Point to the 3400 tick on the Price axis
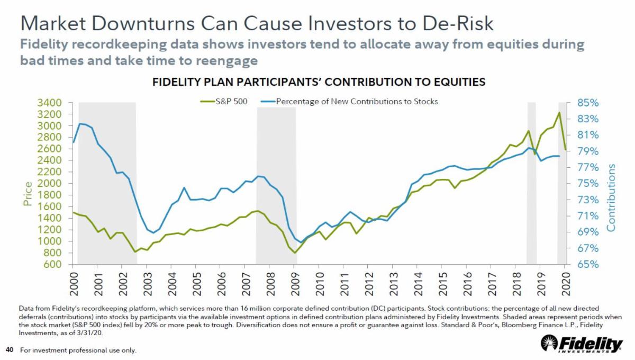(x=49, y=103)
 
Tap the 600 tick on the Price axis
(x=52, y=264)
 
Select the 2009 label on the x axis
(x=295, y=283)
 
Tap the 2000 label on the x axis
(x=74, y=283)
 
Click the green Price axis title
(x=28, y=194)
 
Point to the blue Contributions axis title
(x=611, y=197)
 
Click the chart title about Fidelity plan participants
(x=319, y=82)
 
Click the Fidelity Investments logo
(x=582, y=345)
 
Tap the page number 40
(x=9, y=350)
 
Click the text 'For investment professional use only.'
(x=78, y=350)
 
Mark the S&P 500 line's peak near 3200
(x=559, y=112)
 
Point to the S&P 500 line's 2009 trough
(x=295, y=253)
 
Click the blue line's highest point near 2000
(x=79, y=123)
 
